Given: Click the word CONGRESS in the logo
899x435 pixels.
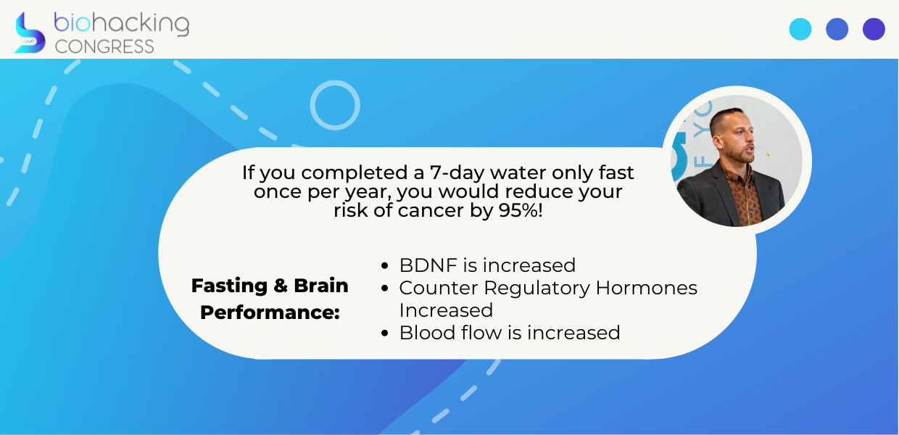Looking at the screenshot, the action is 104,46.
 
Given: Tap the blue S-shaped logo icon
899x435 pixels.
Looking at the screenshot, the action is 30,33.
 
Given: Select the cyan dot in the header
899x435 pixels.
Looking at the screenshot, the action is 800,29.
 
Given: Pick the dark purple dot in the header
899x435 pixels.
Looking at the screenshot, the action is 874,29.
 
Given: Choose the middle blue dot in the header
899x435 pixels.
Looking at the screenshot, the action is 837,29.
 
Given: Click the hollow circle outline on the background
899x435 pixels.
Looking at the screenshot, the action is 335,82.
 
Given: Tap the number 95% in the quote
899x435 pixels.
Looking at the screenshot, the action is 521,210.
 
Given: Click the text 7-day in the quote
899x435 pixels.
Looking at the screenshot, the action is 457,173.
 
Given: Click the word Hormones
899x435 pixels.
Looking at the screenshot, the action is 647,288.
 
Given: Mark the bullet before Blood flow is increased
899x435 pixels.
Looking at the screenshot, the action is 385,333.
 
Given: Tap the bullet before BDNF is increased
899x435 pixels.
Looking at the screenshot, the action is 385,265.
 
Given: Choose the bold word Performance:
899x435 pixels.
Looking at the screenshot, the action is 270,312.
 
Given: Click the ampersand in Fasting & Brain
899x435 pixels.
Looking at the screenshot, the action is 281,286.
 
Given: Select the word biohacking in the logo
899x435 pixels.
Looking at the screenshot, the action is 122,23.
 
